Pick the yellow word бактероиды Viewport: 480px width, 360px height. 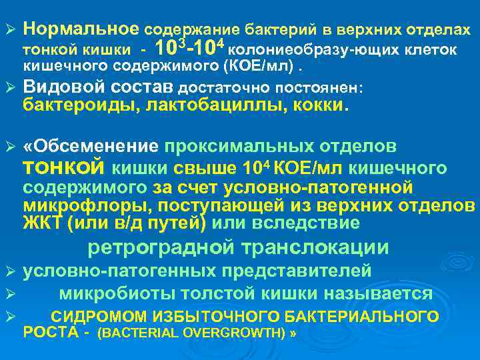[75, 105]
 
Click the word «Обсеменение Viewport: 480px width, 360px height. [90, 146]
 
